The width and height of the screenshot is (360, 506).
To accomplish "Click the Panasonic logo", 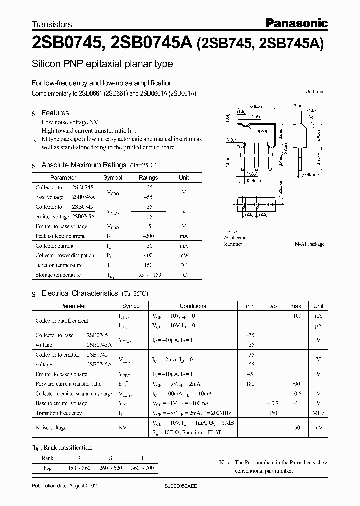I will [296, 23].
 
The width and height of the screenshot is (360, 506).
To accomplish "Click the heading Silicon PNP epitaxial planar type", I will [102, 64].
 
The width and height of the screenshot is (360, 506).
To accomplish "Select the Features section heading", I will [55, 113].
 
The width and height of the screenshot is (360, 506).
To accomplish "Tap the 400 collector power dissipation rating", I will [148, 255].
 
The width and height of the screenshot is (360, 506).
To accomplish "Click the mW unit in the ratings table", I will [184, 255].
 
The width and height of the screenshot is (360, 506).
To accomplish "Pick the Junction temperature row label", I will [59, 265].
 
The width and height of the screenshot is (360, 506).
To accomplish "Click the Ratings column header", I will [148, 177].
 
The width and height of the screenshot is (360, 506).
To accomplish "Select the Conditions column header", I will [193, 306].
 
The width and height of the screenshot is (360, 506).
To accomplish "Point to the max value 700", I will [295, 384].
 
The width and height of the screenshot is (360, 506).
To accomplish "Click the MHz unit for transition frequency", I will [318, 413].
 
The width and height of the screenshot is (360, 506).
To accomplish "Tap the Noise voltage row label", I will [51, 428].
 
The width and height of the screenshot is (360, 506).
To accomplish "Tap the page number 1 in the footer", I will [326, 486].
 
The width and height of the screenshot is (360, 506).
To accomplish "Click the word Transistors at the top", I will [52, 24].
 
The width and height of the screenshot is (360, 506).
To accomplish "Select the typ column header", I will [273, 306].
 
